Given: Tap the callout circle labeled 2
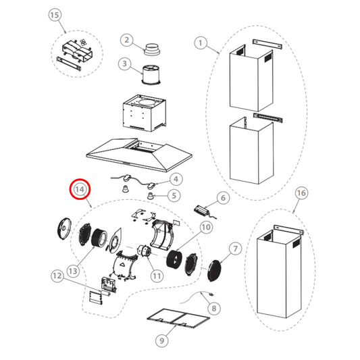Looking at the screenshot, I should pos(126,41).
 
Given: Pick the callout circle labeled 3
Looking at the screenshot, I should pos(126,65).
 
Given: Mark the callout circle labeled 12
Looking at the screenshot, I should pos(57,276).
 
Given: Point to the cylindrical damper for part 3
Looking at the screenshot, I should pos(149,73).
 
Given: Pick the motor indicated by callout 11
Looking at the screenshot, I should pos(143,252).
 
